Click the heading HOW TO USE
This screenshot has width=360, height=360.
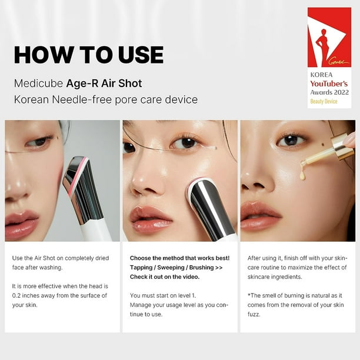tap(89, 55)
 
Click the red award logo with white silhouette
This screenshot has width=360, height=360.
tap(329, 39)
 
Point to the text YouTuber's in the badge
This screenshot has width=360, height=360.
tap(329, 84)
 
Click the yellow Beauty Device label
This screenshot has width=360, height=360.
tap(324, 101)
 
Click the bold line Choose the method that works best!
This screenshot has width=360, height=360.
tap(179, 258)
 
